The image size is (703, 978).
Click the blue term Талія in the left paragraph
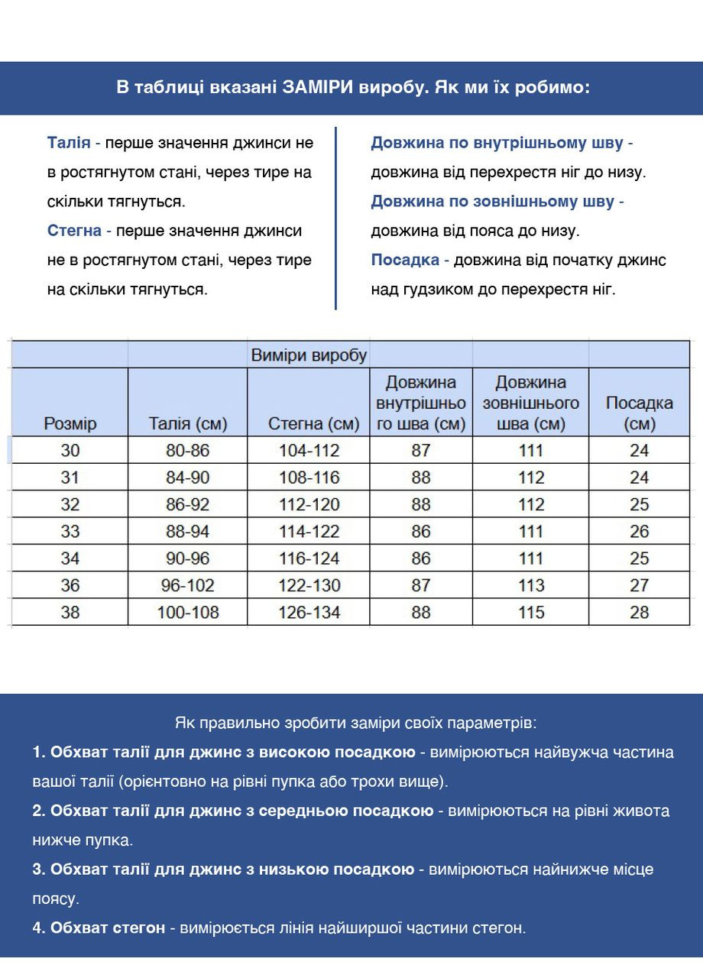(69, 143)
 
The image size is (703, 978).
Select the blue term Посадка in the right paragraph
(405, 260)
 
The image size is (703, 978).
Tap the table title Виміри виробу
(309, 355)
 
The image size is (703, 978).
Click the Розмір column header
(70, 424)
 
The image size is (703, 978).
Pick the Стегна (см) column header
(313, 424)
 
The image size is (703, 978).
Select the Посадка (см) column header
(639, 413)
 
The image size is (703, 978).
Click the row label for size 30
(70, 451)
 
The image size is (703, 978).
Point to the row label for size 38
(70, 612)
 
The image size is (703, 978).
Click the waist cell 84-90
(187, 478)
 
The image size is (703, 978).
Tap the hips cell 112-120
(309, 504)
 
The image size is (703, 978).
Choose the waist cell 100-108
(187, 612)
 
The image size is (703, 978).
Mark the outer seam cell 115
(531, 612)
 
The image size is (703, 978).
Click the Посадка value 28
(639, 612)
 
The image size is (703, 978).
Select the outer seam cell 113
(531, 585)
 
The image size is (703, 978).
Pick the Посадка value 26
(639, 531)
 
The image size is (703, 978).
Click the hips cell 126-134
(309, 612)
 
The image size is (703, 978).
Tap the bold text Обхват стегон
(108, 928)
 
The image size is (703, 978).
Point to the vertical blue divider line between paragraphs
(335, 218)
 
